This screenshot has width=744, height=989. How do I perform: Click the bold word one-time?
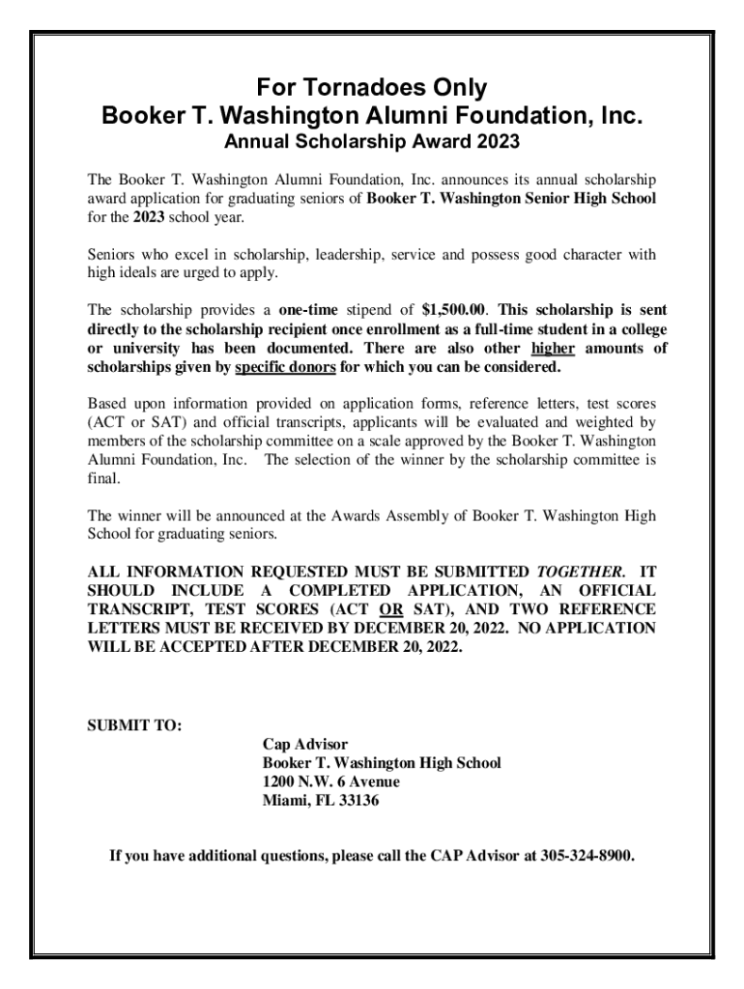pos(311,310)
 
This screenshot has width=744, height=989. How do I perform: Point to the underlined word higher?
pos(554,349)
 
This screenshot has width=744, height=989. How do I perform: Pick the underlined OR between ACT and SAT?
pos(390,608)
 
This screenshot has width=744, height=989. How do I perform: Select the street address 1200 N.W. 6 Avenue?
pos(331,781)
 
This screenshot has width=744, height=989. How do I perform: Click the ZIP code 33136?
pos(345,801)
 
